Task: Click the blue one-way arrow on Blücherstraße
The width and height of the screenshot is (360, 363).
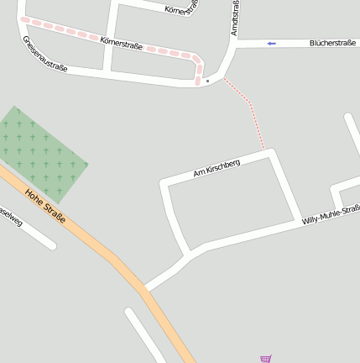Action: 271,43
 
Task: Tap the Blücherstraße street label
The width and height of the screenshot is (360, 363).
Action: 332,42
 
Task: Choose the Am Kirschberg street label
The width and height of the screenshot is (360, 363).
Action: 217,168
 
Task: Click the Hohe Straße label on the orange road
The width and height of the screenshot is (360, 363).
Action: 45,207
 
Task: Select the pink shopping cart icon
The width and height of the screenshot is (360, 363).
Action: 266,359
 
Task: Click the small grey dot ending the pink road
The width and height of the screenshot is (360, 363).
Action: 206,82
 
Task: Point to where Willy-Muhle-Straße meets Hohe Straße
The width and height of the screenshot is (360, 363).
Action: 146,289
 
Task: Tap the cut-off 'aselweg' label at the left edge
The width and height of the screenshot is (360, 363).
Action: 12,218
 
